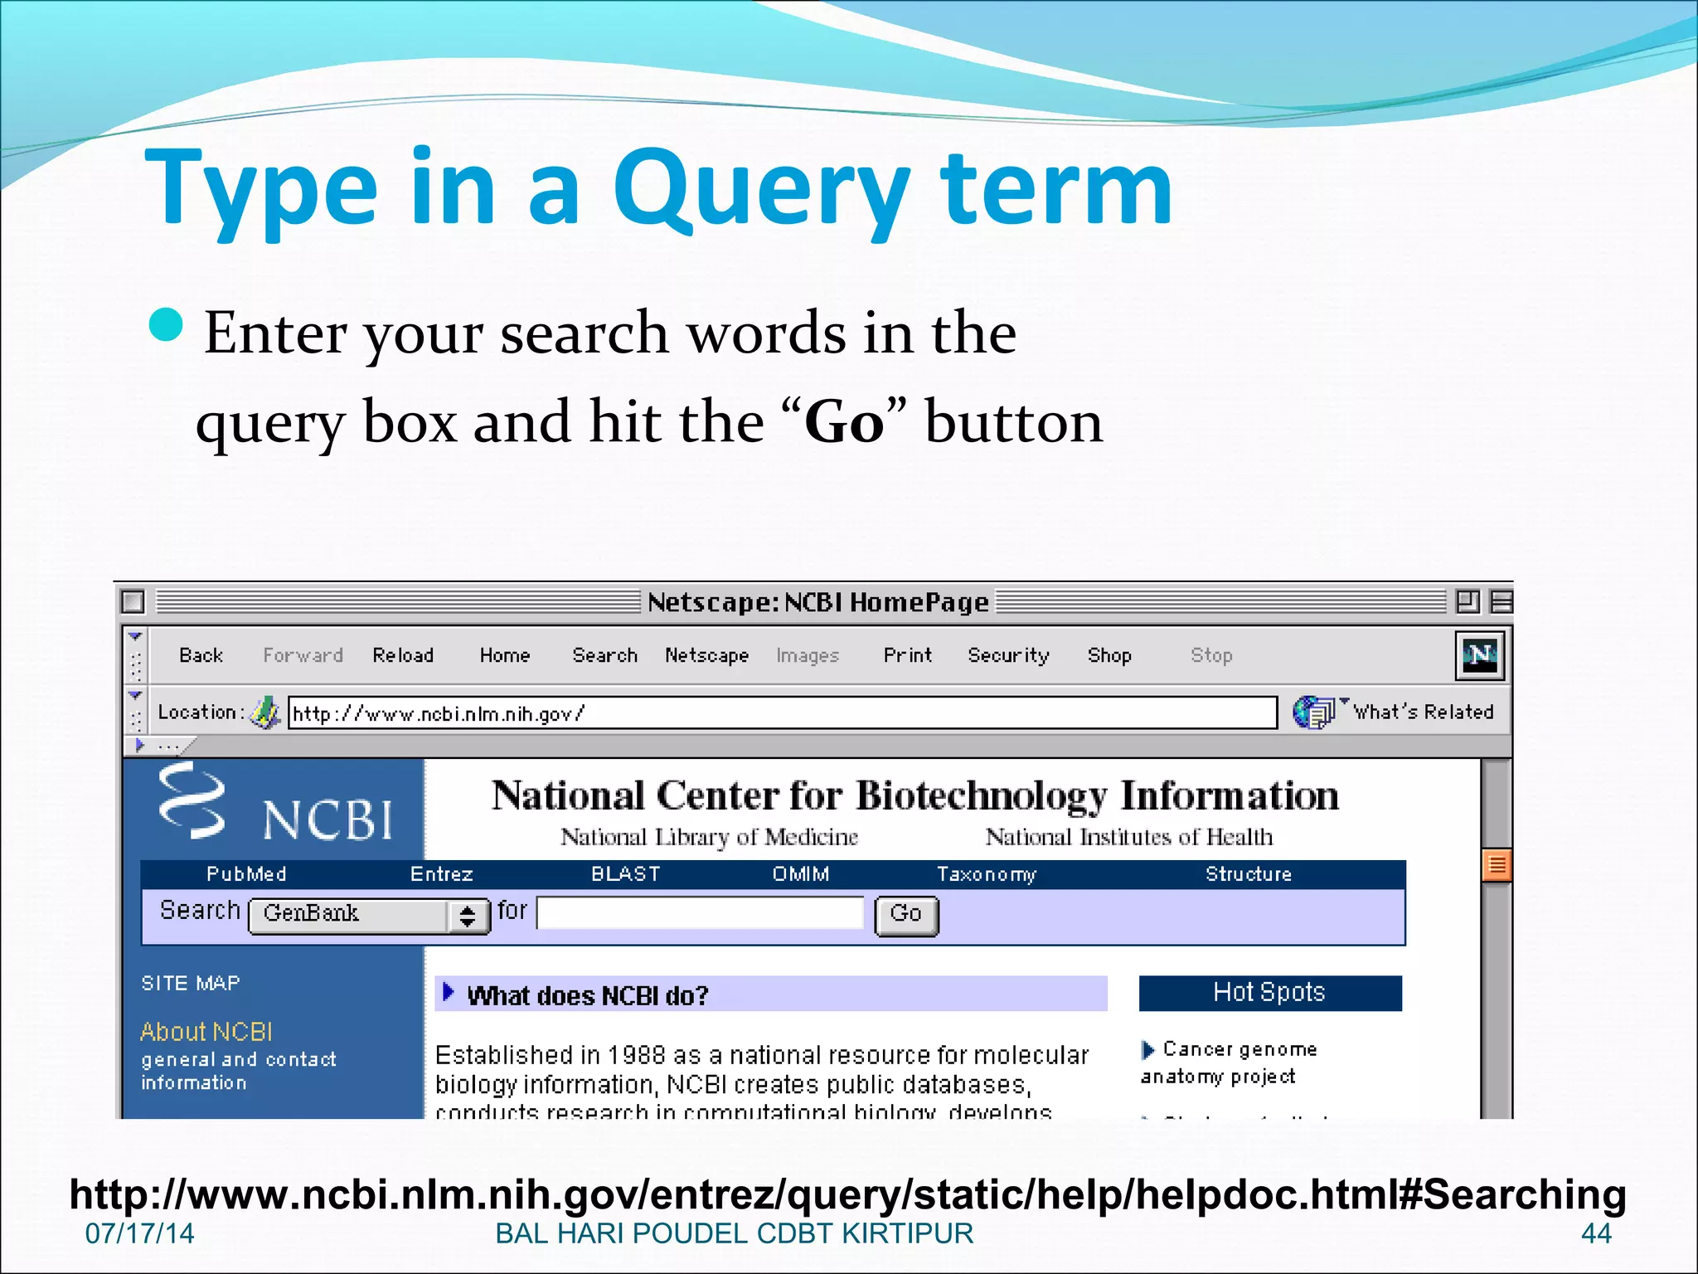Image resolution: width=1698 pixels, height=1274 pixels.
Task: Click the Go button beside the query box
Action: coord(906,915)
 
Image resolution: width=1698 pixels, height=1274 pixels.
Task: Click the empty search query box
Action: coord(700,912)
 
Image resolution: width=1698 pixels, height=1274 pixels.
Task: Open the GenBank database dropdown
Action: coord(369,915)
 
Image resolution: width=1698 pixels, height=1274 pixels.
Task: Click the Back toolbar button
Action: coord(201,655)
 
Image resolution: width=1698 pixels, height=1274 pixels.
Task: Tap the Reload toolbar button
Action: coord(403,655)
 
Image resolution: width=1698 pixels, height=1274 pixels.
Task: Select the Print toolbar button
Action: coord(907,655)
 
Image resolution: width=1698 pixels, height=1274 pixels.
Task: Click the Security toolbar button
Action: coord(1008,655)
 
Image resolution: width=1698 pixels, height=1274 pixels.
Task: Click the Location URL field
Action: coord(781,713)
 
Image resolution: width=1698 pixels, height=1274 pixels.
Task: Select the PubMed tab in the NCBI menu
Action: coord(246,874)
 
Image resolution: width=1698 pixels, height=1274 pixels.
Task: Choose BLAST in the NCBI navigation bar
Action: coord(625,874)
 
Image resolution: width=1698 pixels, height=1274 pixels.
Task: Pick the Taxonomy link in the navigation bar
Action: coord(986,874)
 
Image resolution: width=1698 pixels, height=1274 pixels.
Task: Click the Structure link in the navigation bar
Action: coord(1248,874)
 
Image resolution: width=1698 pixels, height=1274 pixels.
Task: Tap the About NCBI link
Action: coord(206,1032)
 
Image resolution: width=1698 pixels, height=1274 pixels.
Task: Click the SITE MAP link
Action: coord(191,984)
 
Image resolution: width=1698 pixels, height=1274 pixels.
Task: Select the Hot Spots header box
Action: coord(1269,993)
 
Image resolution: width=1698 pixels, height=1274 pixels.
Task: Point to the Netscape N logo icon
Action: coord(1480,655)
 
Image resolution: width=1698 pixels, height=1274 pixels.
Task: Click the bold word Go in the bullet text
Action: coord(844,422)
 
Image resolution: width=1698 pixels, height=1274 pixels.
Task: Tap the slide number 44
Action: coord(1596,1233)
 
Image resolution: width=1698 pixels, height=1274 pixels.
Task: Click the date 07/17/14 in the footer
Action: coord(139,1233)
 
